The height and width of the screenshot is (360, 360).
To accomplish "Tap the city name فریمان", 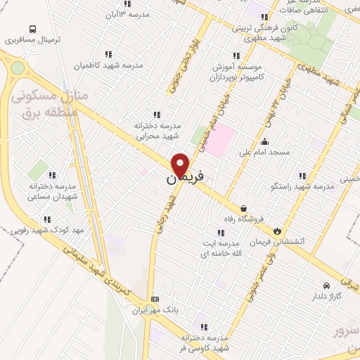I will point(180,179).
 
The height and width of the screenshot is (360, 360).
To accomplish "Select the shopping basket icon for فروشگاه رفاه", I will point(243,208).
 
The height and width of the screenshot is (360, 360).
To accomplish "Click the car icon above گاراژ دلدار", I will point(326,285).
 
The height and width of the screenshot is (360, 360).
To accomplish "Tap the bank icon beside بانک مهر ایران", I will point(155,299).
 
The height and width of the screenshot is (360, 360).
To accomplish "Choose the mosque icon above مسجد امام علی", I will point(265,141).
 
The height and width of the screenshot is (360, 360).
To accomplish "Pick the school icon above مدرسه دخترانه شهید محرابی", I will point(156,115).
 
